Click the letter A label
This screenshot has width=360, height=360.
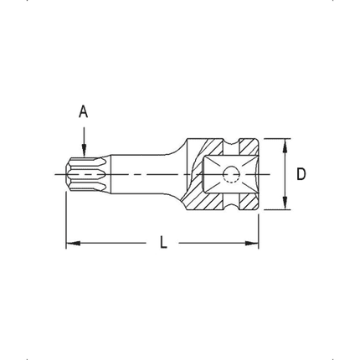[x=82, y=110]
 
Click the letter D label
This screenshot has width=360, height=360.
[x=301, y=174]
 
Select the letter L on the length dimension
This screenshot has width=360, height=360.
[x=163, y=243]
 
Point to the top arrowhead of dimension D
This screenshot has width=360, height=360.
[x=285, y=145]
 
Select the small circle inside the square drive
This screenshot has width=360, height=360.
[x=231, y=174]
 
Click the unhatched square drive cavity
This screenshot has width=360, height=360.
[x=218, y=174]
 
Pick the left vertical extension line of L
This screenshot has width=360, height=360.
[x=66, y=218]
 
